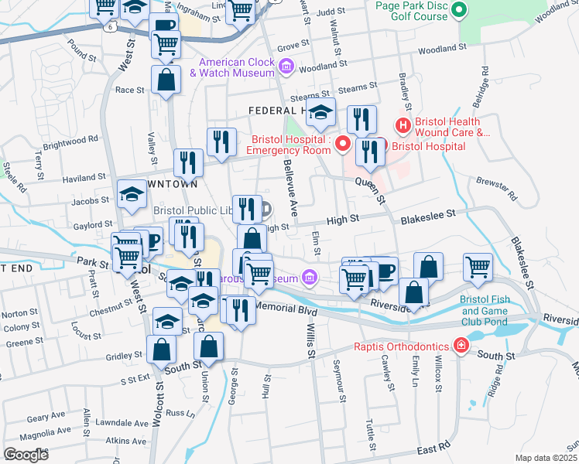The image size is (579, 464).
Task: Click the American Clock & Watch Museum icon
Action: [x=286, y=67]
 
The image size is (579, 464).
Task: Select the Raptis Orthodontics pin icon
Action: [x=461, y=343]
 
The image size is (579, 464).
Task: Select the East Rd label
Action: [x=433, y=448]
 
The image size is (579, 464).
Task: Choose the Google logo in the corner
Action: [x=26, y=454]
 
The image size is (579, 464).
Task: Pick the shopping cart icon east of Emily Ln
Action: [x=478, y=268]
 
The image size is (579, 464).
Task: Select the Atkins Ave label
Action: [x=127, y=441]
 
